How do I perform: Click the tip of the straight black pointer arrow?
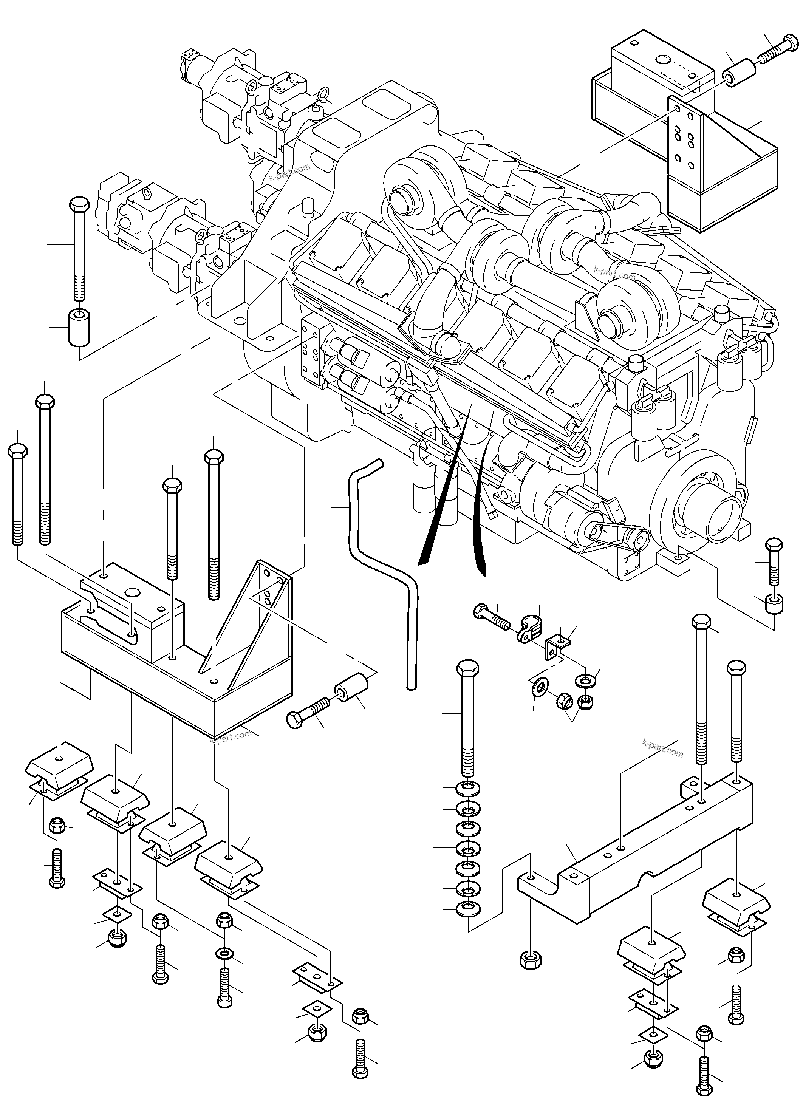point(421,564)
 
